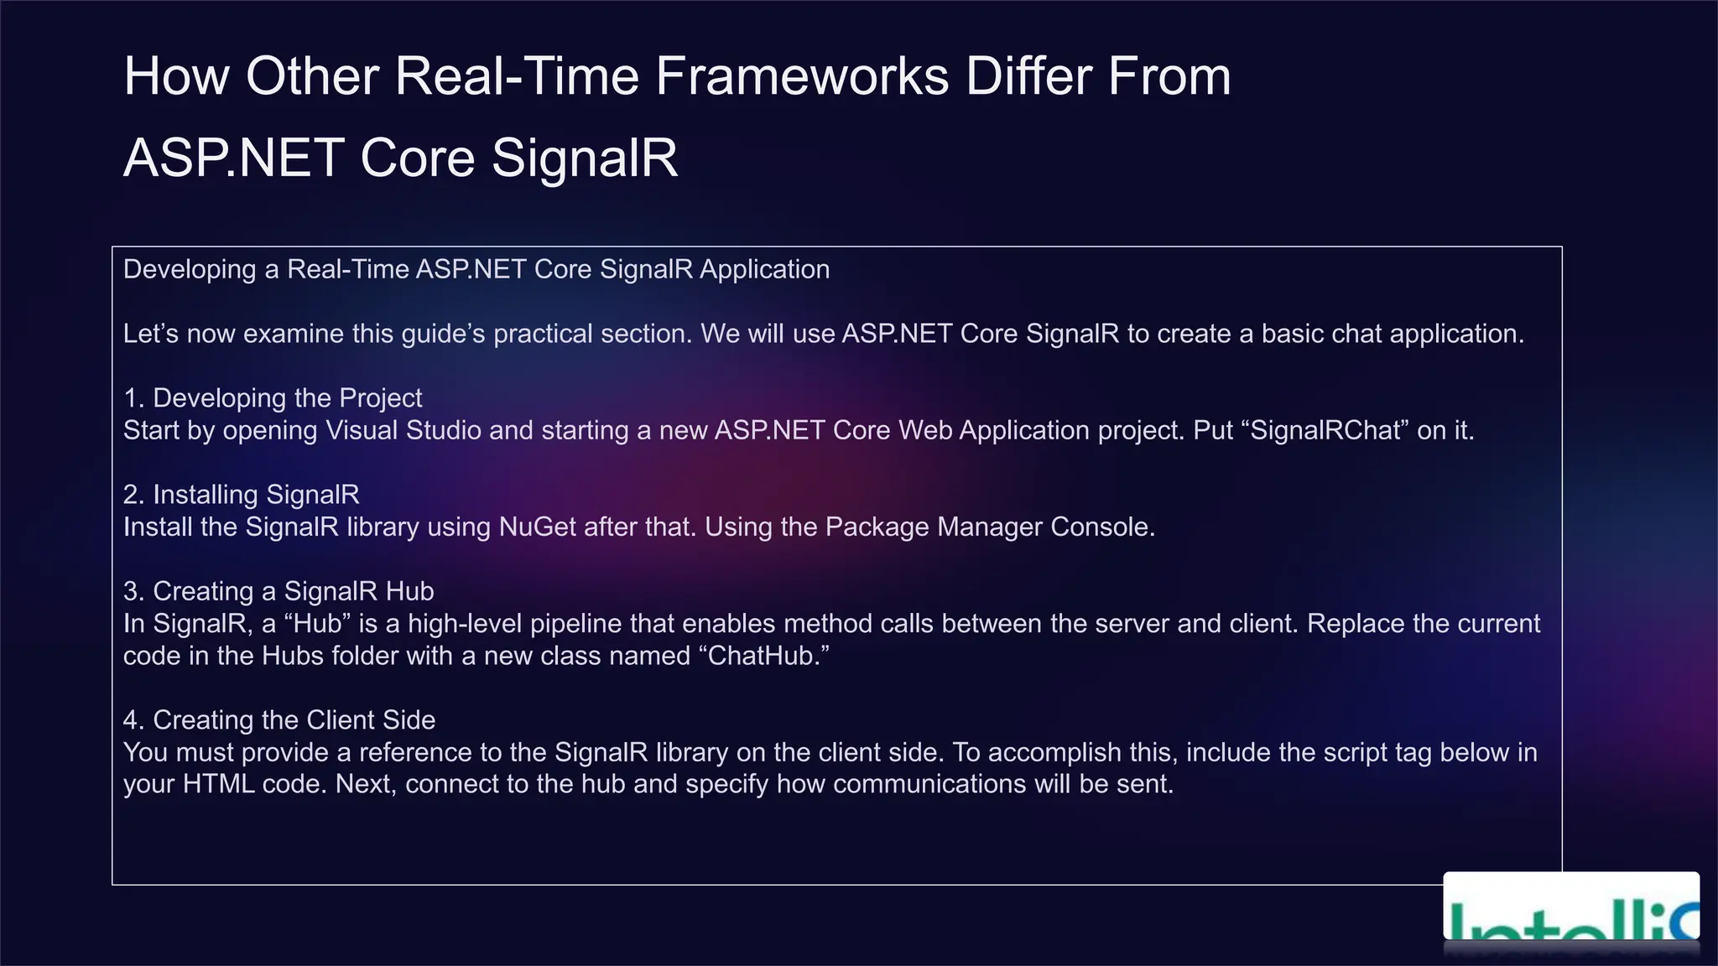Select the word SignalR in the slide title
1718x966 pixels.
[585, 158]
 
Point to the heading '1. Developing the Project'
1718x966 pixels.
[273, 398]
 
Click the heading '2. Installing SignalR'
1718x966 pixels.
[241, 495]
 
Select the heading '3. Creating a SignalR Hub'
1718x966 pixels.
[279, 591]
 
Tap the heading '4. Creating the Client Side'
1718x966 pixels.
[279, 720]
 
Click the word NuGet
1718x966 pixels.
[537, 527]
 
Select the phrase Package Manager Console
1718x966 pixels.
[990, 527]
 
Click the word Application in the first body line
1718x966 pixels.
[764, 270]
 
